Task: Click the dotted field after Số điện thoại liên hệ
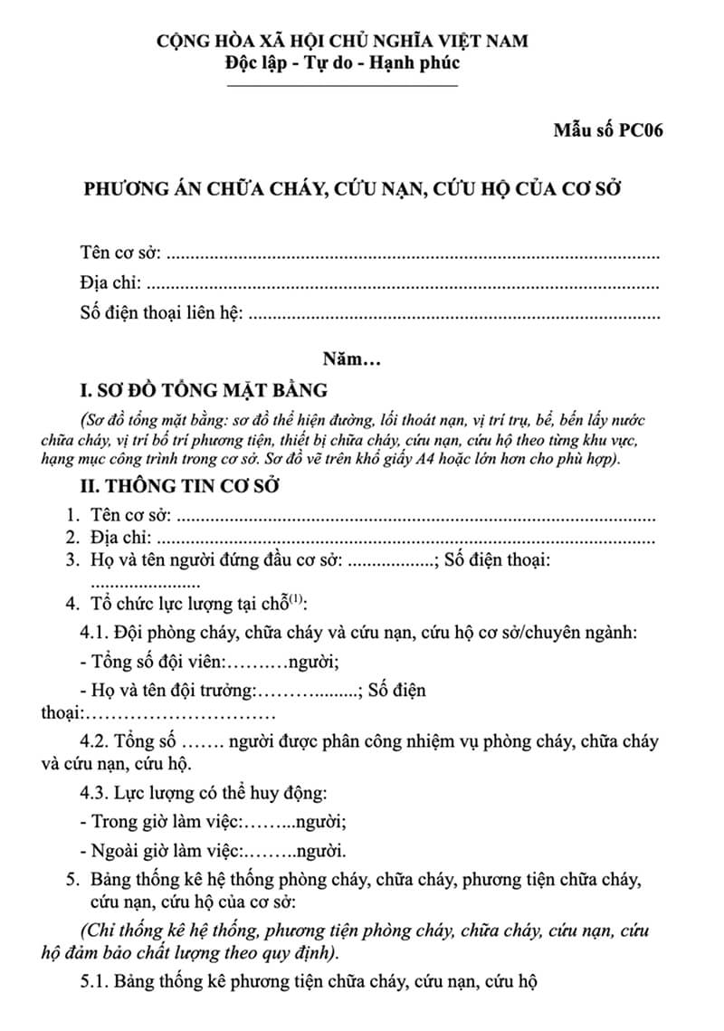[x=452, y=317]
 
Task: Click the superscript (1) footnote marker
[x=297, y=598]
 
